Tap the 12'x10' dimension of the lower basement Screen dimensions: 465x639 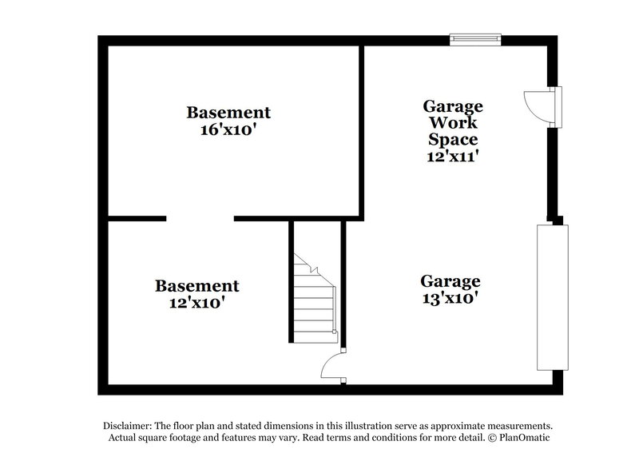(x=196, y=303)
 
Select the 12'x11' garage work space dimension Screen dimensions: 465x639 (x=452, y=157)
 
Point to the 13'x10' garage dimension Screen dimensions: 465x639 (x=450, y=299)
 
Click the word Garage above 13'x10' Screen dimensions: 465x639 (x=450, y=281)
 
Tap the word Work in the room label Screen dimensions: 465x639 (x=453, y=123)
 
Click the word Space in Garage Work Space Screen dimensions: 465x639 (x=452, y=140)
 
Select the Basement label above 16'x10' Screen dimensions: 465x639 (x=228, y=112)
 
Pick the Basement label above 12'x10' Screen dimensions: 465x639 (x=196, y=285)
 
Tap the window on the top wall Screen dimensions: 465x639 (x=475, y=38)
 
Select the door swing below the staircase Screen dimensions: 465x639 (x=332, y=368)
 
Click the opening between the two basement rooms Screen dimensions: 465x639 (x=200, y=218)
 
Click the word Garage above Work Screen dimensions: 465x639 (x=452, y=106)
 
